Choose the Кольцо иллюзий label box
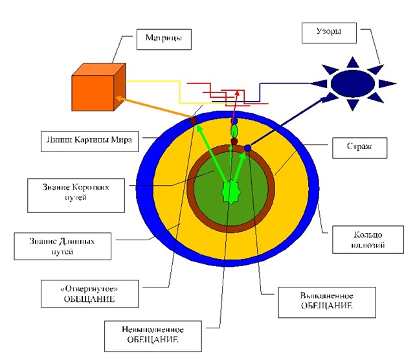[355, 240]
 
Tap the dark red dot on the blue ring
[193, 120]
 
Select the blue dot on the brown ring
[247, 148]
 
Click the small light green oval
[234, 131]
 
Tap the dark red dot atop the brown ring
[234, 141]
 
